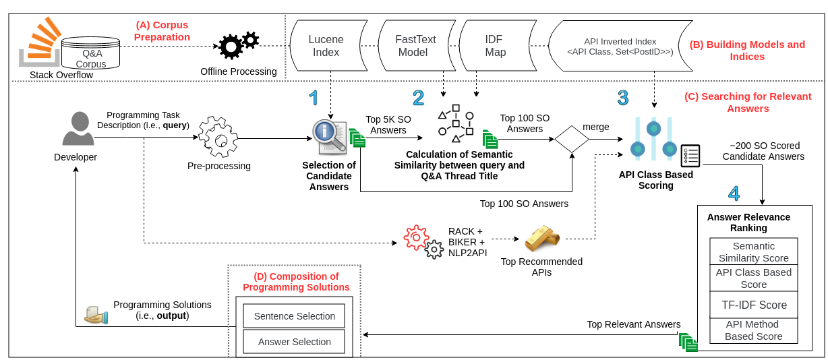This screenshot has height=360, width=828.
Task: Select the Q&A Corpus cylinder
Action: click(x=90, y=51)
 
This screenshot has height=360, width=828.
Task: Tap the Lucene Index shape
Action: click(x=326, y=45)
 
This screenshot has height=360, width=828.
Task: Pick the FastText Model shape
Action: click(x=415, y=45)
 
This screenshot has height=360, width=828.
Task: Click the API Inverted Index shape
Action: click(x=620, y=46)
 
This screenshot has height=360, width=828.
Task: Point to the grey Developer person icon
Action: click(x=78, y=129)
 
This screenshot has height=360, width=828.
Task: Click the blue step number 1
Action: click(x=314, y=98)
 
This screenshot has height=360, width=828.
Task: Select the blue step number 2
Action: click(x=418, y=98)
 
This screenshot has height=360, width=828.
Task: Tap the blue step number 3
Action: click(x=622, y=98)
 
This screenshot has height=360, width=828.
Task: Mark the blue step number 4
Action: click(x=734, y=193)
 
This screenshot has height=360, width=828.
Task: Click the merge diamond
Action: click(x=572, y=140)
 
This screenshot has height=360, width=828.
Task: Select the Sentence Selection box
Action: click(x=294, y=316)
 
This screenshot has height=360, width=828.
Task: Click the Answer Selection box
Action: click(x=294, y=342)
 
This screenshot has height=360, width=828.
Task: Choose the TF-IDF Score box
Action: click(x=754, y=305)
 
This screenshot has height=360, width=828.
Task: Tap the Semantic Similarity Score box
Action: click(x=754, y=251)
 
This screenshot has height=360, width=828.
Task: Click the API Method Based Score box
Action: click(x=754, y=330)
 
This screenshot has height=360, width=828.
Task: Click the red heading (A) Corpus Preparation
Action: click(x=162, y=30)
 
